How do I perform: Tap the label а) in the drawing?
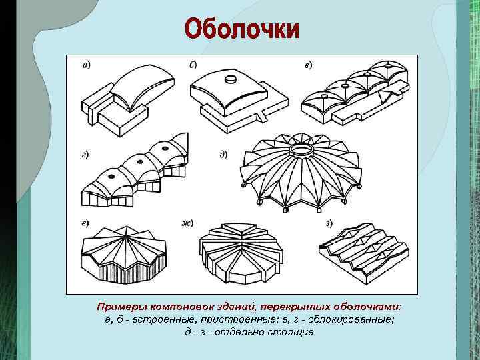87,65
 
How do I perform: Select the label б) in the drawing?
193,65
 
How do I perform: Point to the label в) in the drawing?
308,65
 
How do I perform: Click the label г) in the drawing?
87,154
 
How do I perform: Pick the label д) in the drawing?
223,154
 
